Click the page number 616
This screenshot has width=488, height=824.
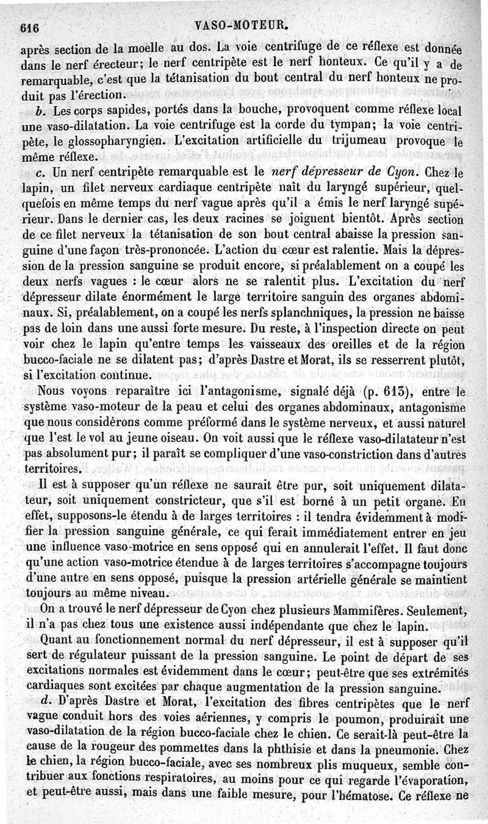tap(29, 27)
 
